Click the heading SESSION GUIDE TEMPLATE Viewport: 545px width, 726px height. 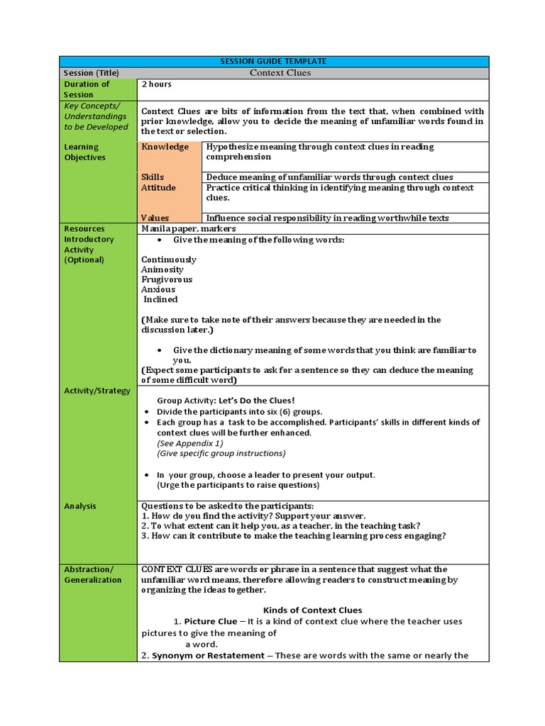point(273,62)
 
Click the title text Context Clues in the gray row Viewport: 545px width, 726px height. point(280,73)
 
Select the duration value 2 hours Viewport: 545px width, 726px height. point(156,84)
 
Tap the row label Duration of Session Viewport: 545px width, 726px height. point(87,89)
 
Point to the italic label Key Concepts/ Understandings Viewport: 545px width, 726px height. point(96,116)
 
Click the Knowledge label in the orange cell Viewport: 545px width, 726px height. point(165,147)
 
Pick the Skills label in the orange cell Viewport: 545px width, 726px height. point(153,177)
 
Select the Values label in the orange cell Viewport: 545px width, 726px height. point(155,218)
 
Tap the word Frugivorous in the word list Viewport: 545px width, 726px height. point(167,279)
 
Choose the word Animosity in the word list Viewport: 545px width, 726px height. point(162,269)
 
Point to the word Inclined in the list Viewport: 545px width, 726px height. point(160,299)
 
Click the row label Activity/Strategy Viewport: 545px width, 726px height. point(97,391)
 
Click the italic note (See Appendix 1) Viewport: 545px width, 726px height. point(189,443)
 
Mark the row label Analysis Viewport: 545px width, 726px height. point(80,506)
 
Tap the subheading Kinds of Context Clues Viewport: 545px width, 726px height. point(312,610)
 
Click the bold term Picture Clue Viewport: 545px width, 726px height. point(211,621)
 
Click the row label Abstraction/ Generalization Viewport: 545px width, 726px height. point(93,574)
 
